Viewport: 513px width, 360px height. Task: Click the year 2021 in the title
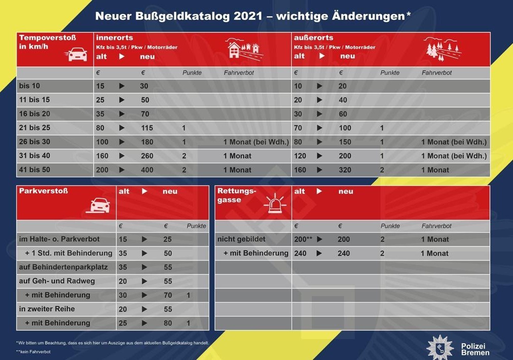coord(247,16)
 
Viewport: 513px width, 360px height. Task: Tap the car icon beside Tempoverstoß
coord(77,54)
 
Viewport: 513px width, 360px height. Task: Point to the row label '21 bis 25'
coord(34,128)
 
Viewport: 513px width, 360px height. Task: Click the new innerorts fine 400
coord(147,170)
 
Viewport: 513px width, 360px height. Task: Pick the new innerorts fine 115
coord(147,128)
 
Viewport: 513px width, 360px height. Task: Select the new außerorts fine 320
coord(345,170)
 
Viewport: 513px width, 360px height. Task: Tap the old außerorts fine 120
coord(300,156)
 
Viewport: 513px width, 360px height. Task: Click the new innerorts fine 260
coord(147,156)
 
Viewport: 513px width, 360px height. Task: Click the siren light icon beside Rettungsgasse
coord(275,203)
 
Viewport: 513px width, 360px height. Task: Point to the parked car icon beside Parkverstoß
coord(98,205)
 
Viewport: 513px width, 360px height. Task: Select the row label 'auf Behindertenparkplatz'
coord(63,267)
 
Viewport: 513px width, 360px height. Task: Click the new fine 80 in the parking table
coord(168,323)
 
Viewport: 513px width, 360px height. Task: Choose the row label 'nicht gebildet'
coord(241,239)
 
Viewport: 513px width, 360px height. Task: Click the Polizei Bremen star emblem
coord(440,348)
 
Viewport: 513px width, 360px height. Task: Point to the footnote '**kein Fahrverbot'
coord(33,352)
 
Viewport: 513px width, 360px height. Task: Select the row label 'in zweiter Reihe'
coord(47,309)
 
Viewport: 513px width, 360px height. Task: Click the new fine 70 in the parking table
coord(168,295)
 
